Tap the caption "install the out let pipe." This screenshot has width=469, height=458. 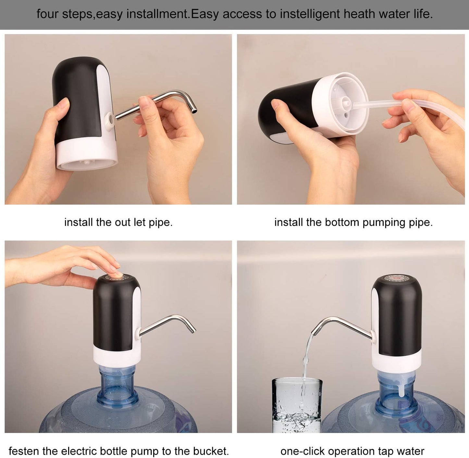(x=118, y=223)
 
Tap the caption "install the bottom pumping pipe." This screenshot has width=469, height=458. (x=353, y=223)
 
